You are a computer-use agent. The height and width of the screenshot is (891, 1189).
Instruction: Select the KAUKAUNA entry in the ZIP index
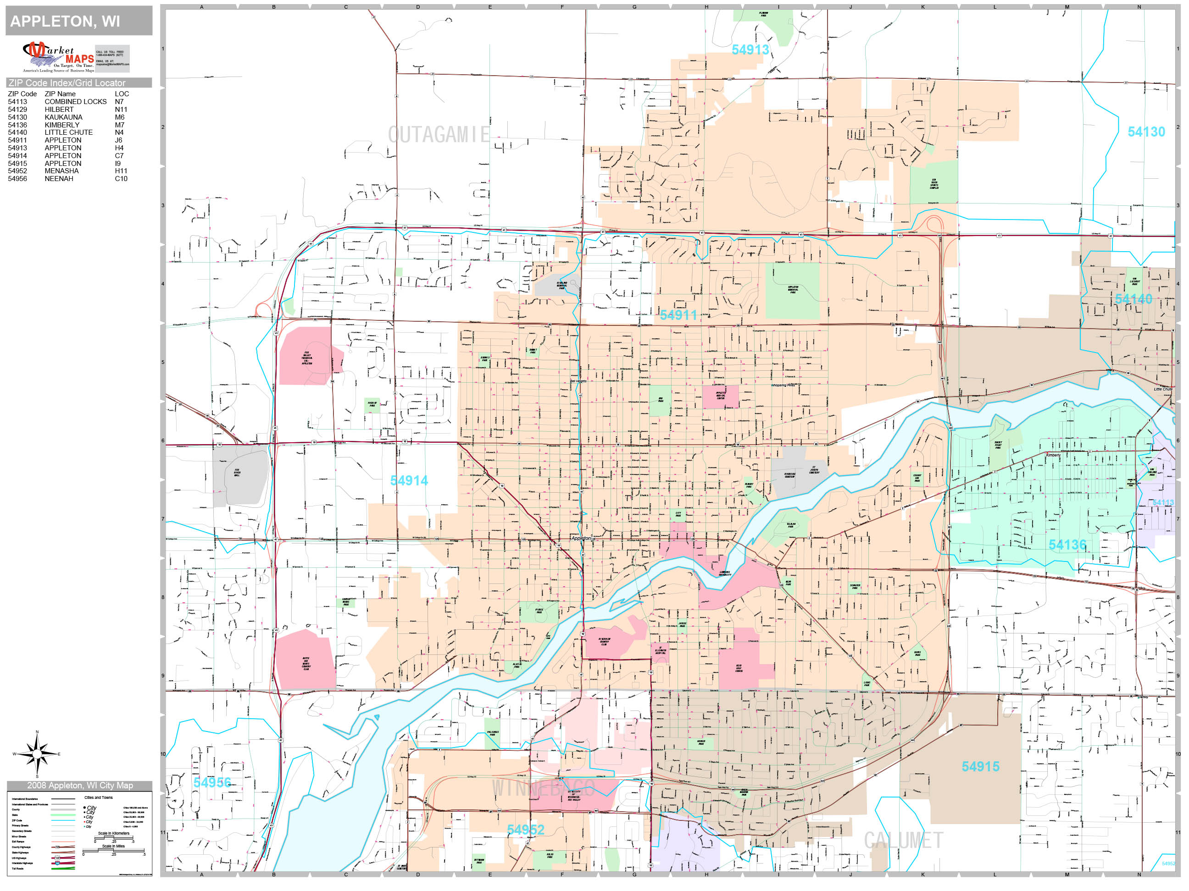click(63, 117)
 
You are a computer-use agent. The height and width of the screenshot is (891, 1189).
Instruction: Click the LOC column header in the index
click(122, 93)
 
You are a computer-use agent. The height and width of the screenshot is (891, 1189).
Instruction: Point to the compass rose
click(37, 754)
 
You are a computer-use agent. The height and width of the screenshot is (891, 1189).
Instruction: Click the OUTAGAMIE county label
click(439, 135)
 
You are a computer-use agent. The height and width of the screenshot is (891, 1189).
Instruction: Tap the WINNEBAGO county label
click(543, 788)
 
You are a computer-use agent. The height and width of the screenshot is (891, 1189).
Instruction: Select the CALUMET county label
click(903, 841)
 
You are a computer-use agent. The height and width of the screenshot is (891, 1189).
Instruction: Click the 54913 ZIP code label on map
click(750, 50)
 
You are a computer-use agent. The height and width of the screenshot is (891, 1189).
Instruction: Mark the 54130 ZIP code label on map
click(1146, 132)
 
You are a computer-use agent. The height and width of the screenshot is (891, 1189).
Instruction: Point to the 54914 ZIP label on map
click(409, 481)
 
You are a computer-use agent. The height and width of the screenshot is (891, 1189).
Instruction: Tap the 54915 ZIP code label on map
click(980, 766)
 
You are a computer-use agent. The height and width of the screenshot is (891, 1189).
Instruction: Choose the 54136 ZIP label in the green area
click(1067, 544)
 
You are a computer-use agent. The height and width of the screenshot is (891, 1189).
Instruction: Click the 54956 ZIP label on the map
click(212, 782)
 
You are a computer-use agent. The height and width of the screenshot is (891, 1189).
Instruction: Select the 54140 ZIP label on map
click(1133, 299)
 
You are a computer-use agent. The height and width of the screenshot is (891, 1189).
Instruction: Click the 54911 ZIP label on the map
click(678, 315)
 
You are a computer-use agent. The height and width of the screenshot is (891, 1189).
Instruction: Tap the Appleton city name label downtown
click(581, 538)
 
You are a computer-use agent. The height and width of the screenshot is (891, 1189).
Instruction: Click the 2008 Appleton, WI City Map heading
click(79, 785)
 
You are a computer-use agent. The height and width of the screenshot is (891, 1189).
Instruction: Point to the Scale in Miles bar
click(113, 850)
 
